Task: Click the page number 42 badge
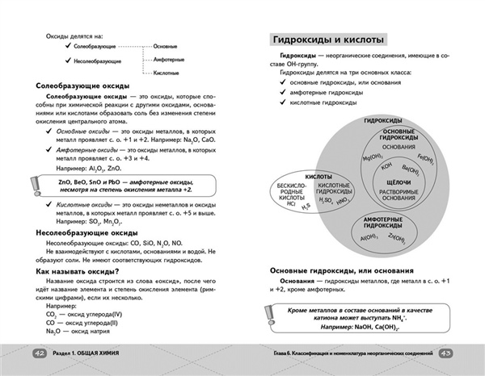(x=38, y=353)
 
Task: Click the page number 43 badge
(x=448, y=353)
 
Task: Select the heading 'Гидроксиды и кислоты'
(x=327, y=40)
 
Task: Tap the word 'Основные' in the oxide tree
(x=167, y=46)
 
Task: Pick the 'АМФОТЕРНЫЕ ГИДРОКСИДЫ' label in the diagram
(x=378, y=224)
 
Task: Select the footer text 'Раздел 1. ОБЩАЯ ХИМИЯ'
(x=90, y=353)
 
